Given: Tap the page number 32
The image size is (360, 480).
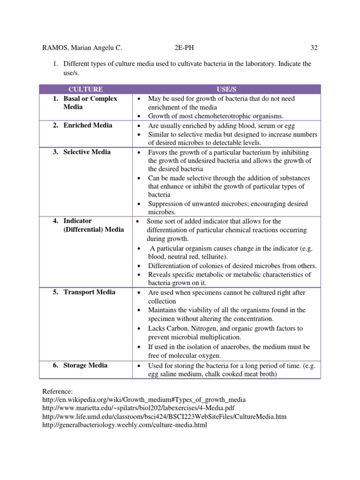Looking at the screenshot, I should coord(314,47).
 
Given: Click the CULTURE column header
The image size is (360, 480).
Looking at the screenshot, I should coord(85,89).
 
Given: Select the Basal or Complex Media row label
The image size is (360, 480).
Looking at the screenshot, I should coord(90,103).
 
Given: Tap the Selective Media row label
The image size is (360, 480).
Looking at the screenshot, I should coord(87,152).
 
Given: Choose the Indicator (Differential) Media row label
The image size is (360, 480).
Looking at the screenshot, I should coord(93,225).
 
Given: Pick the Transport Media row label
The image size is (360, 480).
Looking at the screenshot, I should coord(89,292).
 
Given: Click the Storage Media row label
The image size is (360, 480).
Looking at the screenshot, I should coord(85,365).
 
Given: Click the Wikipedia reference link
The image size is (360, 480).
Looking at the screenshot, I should coord(144,399).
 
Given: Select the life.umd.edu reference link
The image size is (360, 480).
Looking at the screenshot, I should coord(164,416).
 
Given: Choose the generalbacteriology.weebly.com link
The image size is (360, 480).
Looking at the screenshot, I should coord(124,425).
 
